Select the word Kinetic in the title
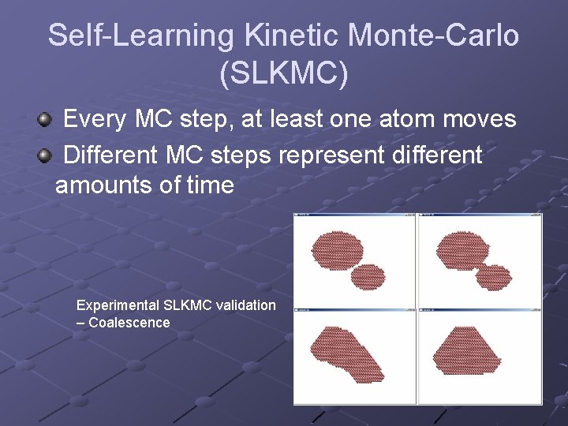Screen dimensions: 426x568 [x=294, y=35]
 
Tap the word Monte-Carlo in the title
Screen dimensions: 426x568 [x=434, y=35]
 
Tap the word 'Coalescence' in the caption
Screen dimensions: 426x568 [x=129, y=323]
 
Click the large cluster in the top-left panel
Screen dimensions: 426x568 [x=337, y=250]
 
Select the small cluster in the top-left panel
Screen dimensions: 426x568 [x=367, y=277]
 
